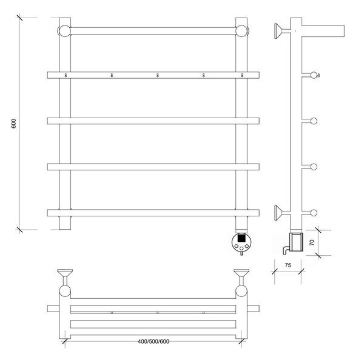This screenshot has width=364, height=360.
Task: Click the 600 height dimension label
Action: tap(14, 124)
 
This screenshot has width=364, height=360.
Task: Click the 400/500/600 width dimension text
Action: tap(153, 341)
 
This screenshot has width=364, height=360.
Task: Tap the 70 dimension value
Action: tap(312, 242)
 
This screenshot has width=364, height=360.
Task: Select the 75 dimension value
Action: tap(288, 265)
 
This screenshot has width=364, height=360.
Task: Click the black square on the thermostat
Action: tap(241, 238)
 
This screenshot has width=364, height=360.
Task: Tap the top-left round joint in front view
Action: tap(65, 31)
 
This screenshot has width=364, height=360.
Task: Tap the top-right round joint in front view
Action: tap(241, 31)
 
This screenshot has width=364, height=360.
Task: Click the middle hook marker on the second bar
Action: tap(158, 75)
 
